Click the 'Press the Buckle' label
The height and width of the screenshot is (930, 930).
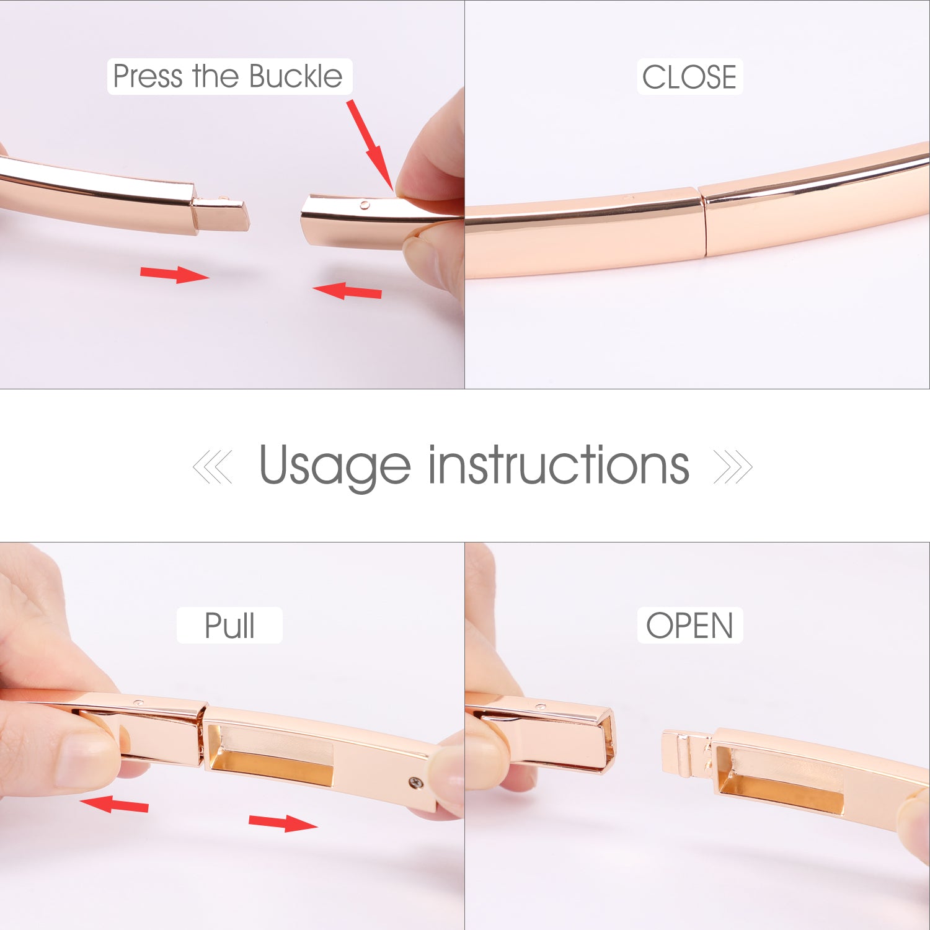tap(228, 77)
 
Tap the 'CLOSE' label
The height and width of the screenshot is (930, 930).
tap(689, 77)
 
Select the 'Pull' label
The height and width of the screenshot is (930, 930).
tap(229, 625)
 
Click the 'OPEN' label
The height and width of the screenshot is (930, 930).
tap(689, 625)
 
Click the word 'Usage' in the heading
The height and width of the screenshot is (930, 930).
tap(335, 466)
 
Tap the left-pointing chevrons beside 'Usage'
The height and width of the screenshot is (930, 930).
tap(213, 467)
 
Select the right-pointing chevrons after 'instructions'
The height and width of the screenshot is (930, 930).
tap(733, 467)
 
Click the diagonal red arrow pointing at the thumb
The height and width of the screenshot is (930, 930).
tap(370, 144)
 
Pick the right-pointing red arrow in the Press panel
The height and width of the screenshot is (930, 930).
tap(175, 274)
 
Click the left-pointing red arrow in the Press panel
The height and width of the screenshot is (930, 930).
tap(347, 290)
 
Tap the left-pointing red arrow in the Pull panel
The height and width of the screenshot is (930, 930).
tap(114, 804)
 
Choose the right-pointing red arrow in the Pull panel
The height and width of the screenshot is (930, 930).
tap(283, 823)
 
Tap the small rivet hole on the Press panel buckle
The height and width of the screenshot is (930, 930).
tap(365, 205)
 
